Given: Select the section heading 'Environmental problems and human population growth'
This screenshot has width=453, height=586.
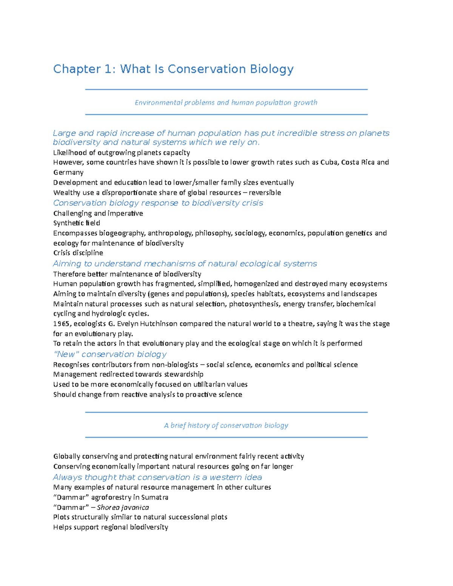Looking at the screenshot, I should [226, 103].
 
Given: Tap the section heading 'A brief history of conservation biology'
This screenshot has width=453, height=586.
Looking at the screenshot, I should [226, 426].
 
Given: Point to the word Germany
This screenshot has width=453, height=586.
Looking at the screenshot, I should [68, 172].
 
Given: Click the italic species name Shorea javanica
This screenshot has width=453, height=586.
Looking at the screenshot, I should [123, 508].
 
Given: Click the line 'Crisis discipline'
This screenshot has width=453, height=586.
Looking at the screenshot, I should [78, 253].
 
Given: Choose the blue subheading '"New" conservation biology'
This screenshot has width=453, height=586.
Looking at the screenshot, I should [110, 354].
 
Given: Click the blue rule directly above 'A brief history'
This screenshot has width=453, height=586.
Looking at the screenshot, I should [226, 412].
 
